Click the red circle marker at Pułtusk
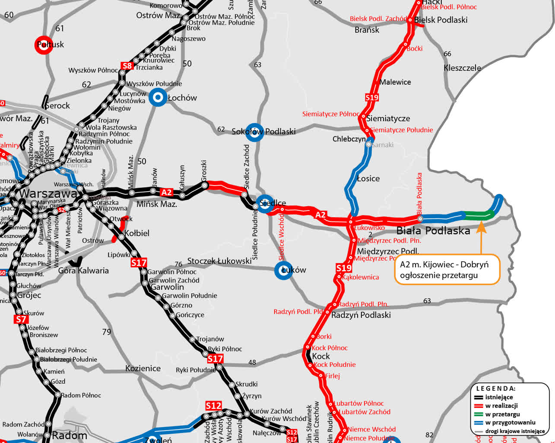tap(44, 45)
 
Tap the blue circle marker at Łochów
tap(158, 98)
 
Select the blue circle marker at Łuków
tap(284, 270)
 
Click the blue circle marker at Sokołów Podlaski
tap(254, 132)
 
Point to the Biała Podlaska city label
tap(433, 231)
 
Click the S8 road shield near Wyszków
tap(127, 66)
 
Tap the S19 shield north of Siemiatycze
tap(372, 97)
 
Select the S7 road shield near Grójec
tap(21, 320)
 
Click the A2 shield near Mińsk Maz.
tap(166, 192)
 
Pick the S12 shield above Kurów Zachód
tap(213, 406)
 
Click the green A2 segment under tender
tap(478, 215)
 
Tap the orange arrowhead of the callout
tap(481, 227)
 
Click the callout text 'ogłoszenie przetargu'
tap(439, 276)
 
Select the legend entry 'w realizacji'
tap(501, 406)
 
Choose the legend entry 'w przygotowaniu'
tap(510, 423)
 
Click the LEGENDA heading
tap(495, 388)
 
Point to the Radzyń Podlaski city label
tap(361, 315)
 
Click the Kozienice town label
tap(143, 369)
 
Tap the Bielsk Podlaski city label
tap(441, 20)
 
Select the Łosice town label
tap(368, 179)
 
